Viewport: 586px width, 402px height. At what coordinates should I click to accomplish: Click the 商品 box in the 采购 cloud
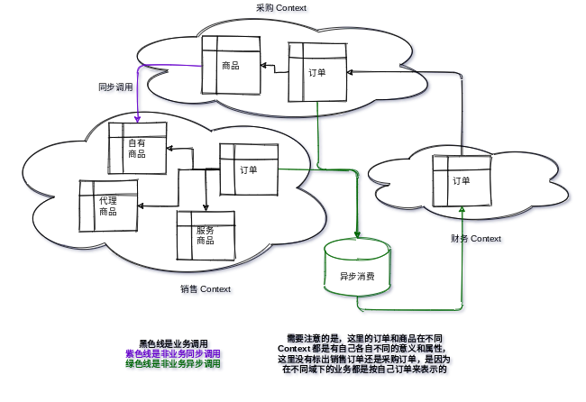pos(231,65)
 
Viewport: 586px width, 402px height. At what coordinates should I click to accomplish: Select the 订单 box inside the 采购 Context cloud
pos(317,72)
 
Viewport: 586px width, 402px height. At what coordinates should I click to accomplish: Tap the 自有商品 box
pos(137,148)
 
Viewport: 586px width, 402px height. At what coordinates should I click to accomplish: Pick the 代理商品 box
pos(108,206)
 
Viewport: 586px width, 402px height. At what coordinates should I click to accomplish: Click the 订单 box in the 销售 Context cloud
pos(249,169)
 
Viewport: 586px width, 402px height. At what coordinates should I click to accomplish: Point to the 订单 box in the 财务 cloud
pos(462,180)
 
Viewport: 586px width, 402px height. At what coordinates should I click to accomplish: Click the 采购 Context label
pos(282,8)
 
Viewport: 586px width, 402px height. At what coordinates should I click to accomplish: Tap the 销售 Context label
pos(206,290)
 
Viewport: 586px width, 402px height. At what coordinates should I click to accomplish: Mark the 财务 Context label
pos(477,240)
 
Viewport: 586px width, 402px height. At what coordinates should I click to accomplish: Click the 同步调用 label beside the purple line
pos(117,88)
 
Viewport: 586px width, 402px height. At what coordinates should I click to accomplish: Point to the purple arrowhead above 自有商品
pos(138,118)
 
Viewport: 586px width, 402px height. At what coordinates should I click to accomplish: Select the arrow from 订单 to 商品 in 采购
pos(274,67)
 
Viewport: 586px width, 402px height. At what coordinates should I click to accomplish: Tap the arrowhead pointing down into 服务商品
pos(206,207)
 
